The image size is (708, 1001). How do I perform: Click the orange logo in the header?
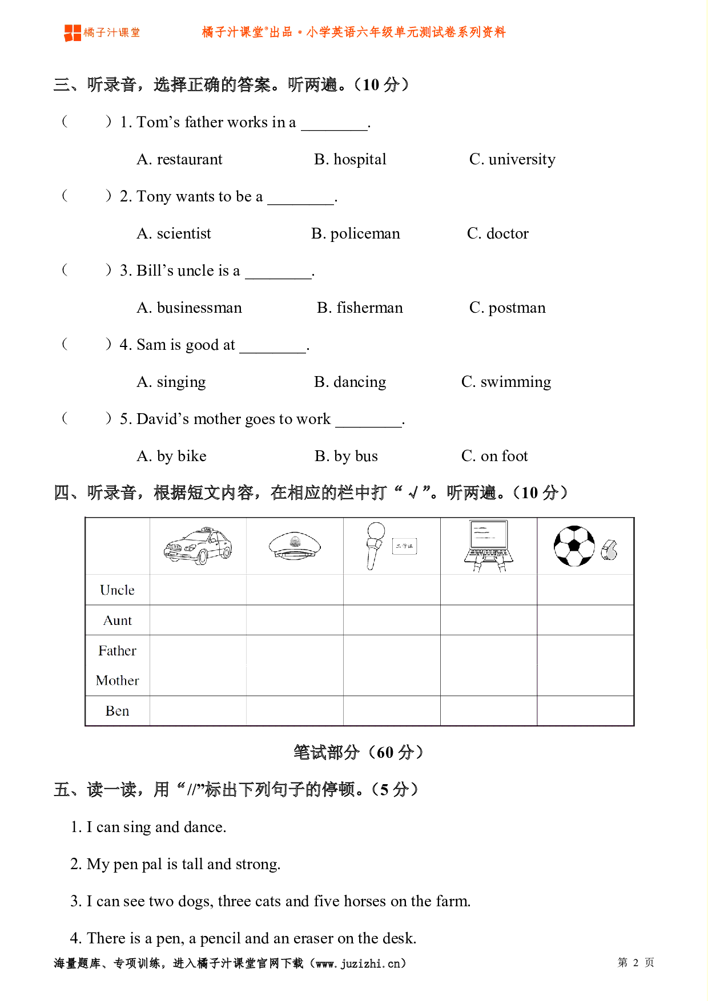pos(73,33)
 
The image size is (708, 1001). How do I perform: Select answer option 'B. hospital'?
pos(350,159)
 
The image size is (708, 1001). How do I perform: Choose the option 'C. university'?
pos(512,159)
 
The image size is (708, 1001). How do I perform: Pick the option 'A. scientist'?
pos(174,233)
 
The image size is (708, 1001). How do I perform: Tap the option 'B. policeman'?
pos(355,233)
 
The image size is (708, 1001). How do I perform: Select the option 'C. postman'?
pos(507,308)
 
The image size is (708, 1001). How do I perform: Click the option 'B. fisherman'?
pos(360,308)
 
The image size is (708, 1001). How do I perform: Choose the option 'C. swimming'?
pos(506,382)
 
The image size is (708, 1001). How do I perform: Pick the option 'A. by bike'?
pos(171,456)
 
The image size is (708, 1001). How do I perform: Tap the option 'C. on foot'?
pos(494,456)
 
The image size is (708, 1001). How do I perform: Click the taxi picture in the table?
pos(198,546)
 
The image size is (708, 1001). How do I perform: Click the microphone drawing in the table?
pos(375,545)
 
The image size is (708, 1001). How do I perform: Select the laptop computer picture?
pos(489,545)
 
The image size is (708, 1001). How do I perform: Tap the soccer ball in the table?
pos(574,546)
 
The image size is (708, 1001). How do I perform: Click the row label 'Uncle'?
pos(117,590)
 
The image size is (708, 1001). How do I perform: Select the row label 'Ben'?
pos(117,711)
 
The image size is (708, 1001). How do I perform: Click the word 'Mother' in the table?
pos(117,681)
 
